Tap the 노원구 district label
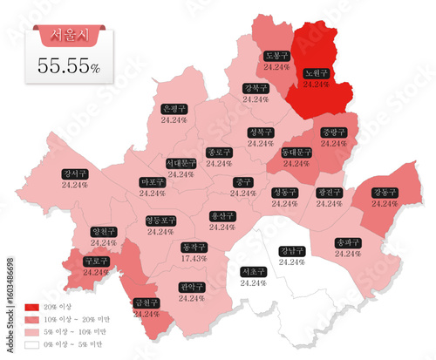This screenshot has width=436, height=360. [316, 73]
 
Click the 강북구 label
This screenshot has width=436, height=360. [256, 88]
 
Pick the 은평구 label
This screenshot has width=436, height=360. [174, 109]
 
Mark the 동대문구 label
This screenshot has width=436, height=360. [296, 152]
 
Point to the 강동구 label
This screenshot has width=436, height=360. [384, 192]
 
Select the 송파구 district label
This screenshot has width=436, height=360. [348, 242]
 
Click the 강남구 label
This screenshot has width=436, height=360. [292, 251]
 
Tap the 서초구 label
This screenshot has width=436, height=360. [252, 271]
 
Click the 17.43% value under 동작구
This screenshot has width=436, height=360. [193, 258]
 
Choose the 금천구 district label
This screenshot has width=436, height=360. [146, 302]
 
